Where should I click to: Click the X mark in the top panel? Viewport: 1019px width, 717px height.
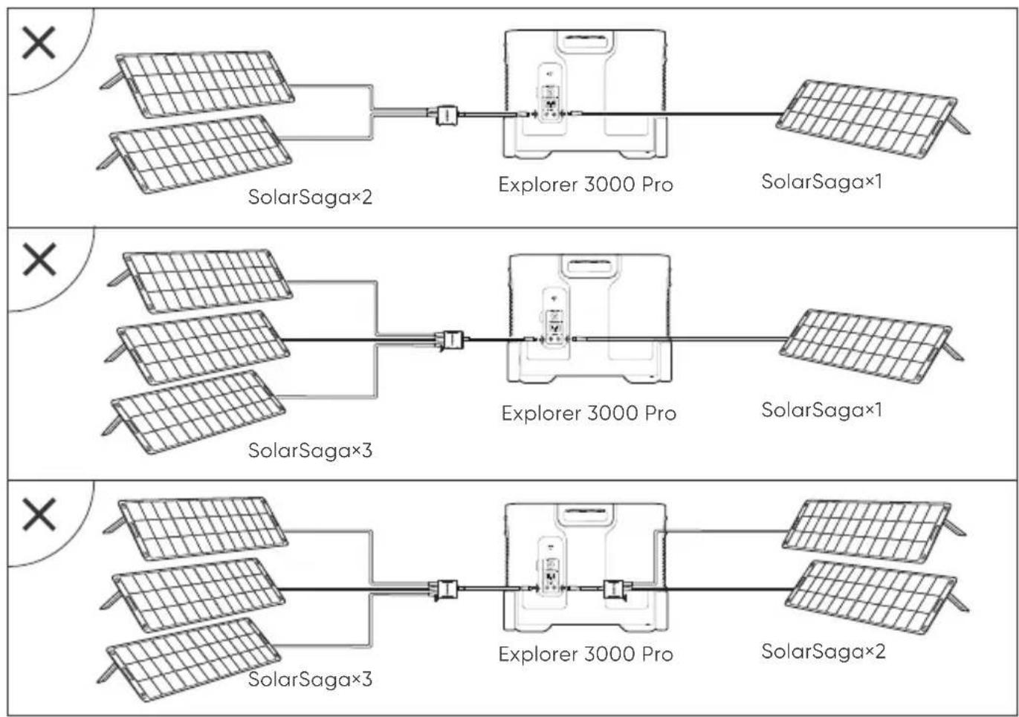(39, 43)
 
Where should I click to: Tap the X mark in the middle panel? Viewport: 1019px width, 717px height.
(39, 259)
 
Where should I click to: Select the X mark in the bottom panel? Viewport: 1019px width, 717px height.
(39, 515)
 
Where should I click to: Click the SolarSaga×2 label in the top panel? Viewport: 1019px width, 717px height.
(310, 198)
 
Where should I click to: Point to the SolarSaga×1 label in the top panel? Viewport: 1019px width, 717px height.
(821, 182)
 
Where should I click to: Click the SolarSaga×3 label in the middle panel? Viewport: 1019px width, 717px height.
(310, 450)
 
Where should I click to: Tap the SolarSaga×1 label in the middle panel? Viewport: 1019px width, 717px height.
(821, 410)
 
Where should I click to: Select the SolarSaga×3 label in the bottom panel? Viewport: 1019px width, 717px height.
(310, 679)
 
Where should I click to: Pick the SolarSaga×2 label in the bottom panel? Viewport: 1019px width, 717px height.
(824, 652)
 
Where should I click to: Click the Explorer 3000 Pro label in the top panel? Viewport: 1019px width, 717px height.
(586, 184)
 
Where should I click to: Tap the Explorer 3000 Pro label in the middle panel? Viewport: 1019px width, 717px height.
(589, 413)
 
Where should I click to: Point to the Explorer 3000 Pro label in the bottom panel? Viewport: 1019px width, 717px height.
(586, 655)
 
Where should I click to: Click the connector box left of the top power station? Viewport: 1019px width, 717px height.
(447, 115)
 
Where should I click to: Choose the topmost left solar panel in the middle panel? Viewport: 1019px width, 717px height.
(202, 281)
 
